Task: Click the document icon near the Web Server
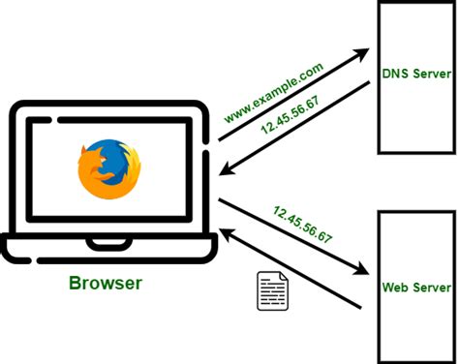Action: (272, 290)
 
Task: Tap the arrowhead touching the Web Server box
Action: (365, 272)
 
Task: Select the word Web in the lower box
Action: (394, 288)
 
